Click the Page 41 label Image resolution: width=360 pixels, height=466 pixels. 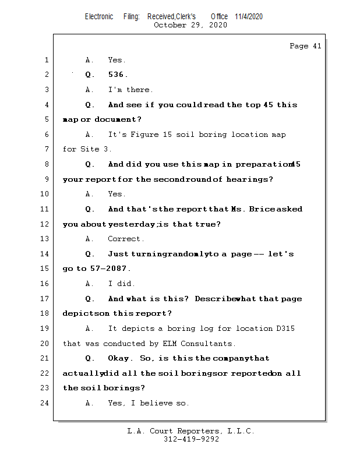click(x=305, y=46)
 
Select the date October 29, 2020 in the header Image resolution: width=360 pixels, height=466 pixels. click(x=190, y=25)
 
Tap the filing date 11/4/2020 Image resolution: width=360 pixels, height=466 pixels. click(x=249, y=16)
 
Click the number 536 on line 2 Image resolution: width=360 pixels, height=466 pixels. click(x=118, y=75)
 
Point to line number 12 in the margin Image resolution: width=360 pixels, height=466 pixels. click(x=46, y=224)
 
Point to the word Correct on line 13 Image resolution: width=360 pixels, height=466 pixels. click(x=126, y=239)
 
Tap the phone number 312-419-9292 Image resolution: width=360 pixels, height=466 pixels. click(x=191, y=439)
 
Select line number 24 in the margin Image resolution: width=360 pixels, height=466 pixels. click(x=46, y=403)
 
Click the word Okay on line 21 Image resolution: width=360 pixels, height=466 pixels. click(x=119, y=358)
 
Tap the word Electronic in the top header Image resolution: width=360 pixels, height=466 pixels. click(x=99, y=16)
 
